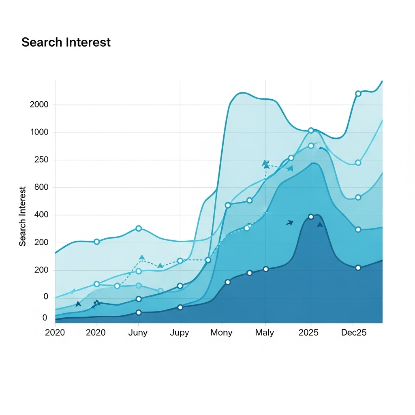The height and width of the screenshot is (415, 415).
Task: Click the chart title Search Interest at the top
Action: tap(66, 42)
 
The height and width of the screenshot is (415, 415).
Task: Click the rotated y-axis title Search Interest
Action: tap(23, 216)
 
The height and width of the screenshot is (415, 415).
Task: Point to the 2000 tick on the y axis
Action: tap(39, 105)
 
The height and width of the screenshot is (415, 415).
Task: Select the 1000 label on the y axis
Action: tap(39, 133)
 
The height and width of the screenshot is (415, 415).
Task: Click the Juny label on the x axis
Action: tap(138, 333)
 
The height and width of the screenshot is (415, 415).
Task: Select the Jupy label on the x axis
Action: tap(180, 333)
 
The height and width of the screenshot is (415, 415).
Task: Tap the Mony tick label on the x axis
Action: tap(221, 333)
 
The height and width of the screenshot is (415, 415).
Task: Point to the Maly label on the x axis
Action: tap(265, 333)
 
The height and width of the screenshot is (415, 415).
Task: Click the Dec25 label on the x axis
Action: tap(353, 333)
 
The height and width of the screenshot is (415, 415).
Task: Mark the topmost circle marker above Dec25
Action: tap(358, 94)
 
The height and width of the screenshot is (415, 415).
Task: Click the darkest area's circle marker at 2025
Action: tap(311, 217)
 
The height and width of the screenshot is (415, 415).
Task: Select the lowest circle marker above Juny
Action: tap(139, 312)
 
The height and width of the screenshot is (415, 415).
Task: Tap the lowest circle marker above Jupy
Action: tap(180, 307)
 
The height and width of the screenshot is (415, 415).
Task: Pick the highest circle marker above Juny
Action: tap(139, 229)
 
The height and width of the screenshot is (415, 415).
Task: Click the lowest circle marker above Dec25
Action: tap(358, 268)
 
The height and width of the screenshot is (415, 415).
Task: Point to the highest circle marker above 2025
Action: tap(311, 130)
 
